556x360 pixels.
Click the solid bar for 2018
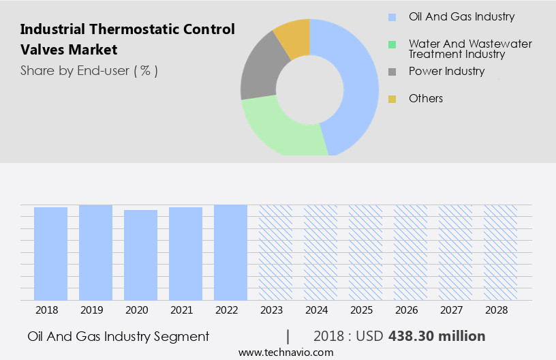(x=50, y=253)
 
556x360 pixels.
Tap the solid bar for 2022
(x=230, y=252)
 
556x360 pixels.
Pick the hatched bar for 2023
(x=275, y=252)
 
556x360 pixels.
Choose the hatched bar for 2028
(x=499, y=252)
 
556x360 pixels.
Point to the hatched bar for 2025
(x=365, y=252)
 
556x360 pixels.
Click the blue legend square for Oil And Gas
(x=392, y=17)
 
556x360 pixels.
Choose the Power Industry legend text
(x=446, y=71)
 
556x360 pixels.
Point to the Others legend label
(x=426, y=99)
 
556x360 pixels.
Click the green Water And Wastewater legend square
(x=392, y=45)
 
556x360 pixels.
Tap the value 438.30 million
(x=437, y=336)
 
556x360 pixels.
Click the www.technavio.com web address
(x=285, y=352)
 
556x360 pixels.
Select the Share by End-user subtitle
(x=89, y=70)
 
